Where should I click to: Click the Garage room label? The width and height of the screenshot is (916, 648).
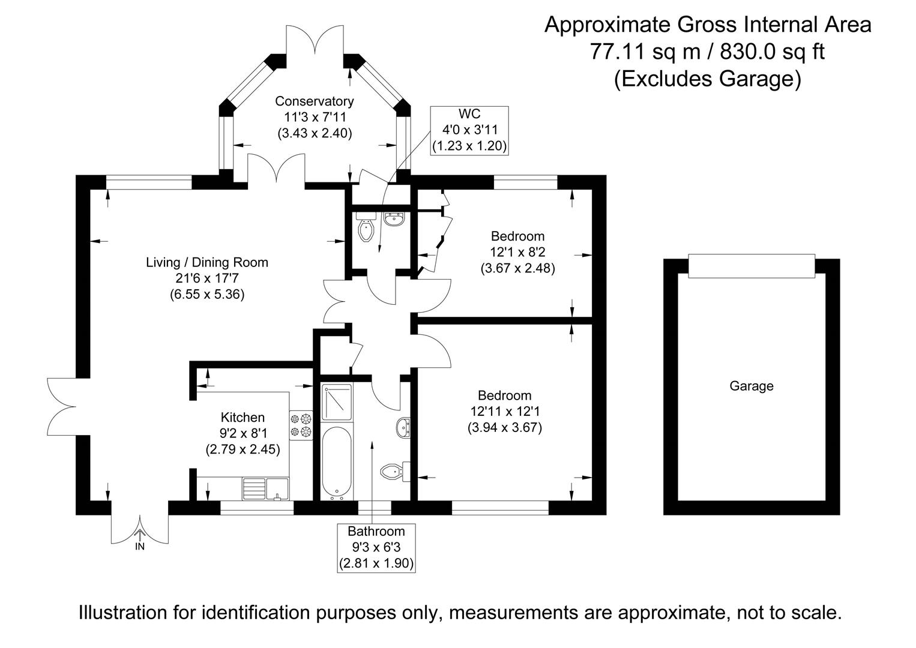click(x=751, y=386)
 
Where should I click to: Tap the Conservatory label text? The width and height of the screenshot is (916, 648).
click(x=314, y=101)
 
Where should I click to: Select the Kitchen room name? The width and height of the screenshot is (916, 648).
click(x=243, y=418)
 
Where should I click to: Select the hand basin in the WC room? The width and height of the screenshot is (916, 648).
click(x=394, y=219)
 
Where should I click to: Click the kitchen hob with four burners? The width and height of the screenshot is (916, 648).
click(x=301, y=424)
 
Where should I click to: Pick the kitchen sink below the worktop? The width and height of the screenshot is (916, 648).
click(x=265, y=488)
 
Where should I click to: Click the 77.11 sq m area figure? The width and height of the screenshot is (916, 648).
click(x=645, y=52)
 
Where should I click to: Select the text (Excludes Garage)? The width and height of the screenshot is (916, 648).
click(x=707, y=79)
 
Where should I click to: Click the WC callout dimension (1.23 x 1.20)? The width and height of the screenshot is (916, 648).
click(x=469, y=145)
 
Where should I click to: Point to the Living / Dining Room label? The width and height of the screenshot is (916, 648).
click(x=207, y=263)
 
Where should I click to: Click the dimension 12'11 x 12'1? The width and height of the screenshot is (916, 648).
click(x=504, y=412)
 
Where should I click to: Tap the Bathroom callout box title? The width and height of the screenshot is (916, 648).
click(x=376, y=531)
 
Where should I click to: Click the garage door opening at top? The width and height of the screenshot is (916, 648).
click(x=751, y=266)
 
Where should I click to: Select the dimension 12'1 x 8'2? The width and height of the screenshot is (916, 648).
click(x=517, y=252)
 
